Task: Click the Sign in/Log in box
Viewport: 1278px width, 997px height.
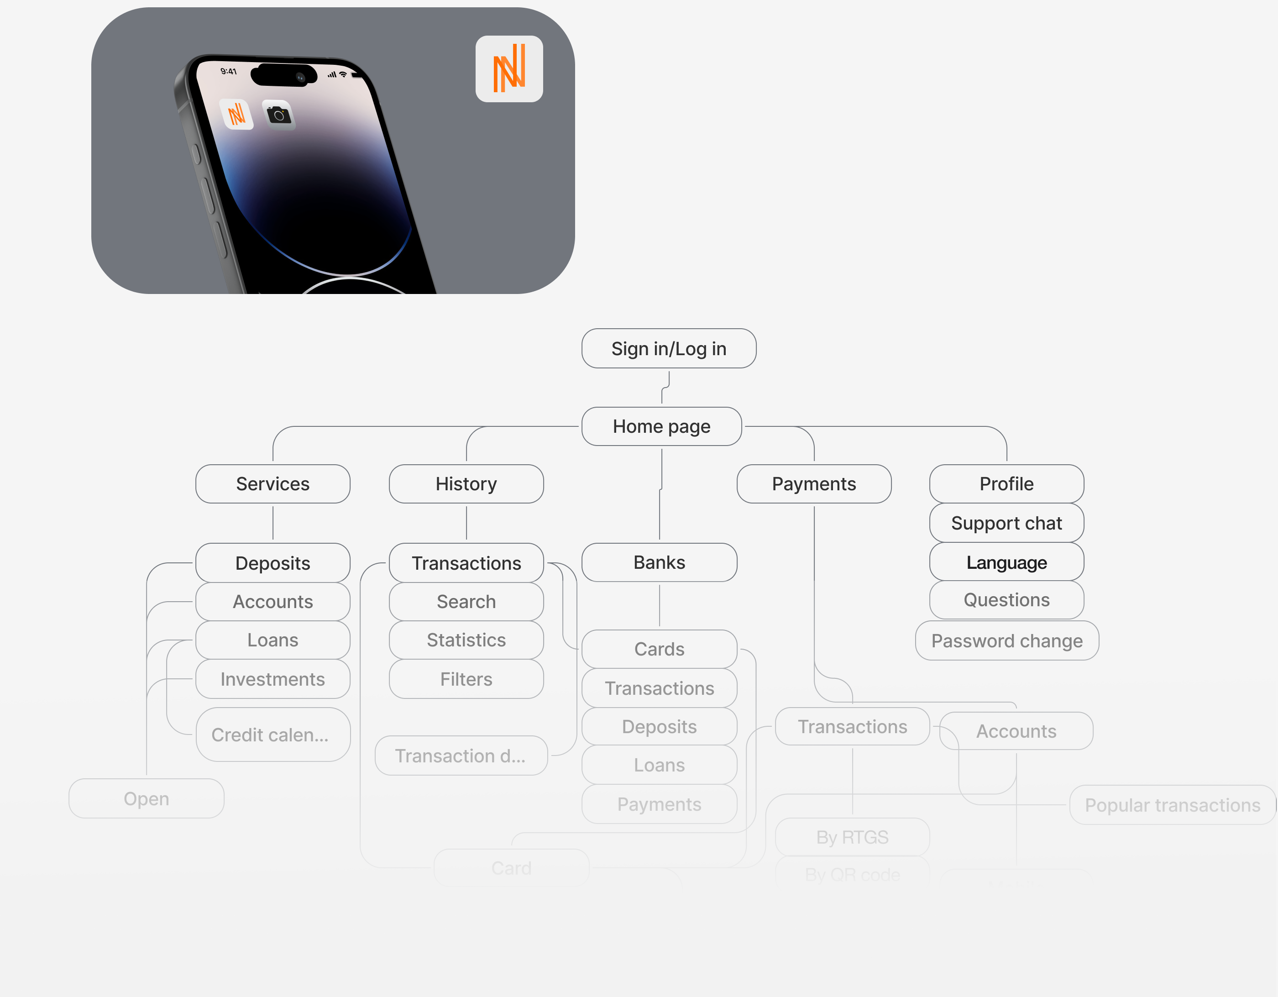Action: (x=668, y=349)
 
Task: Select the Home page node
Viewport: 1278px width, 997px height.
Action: (x=661, y=426)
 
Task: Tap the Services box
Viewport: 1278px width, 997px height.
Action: (x=272, y=484)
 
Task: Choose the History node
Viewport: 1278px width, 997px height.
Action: (x=466, y=484)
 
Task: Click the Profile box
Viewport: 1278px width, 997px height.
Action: (x=1006, y=484)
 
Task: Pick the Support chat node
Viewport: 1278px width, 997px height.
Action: (x=1006, y=523)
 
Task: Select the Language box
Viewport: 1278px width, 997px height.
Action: (x=1006, y=562)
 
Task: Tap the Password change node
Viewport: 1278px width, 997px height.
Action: (x=1006, y=640)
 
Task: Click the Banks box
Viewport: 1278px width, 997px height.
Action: (x=659, y=562)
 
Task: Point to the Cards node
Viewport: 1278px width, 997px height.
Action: (x=659, y=649)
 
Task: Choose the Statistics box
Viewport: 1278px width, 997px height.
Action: (x=466, y=640)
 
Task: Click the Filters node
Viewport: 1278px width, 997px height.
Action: (x=466, y=679)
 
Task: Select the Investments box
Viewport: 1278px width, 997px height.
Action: (x=272, y=679)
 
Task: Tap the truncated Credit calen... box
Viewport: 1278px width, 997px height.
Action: (x=272, y=735)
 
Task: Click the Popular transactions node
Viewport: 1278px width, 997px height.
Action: (x=1172, y=805)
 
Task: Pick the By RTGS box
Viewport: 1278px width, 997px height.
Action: (x=852, y=837)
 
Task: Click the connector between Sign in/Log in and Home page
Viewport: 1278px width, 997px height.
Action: (x=665, y=387)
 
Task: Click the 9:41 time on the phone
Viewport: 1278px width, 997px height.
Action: (x=228, y=71)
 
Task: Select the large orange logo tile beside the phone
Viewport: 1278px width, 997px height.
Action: (x=508, y=69)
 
